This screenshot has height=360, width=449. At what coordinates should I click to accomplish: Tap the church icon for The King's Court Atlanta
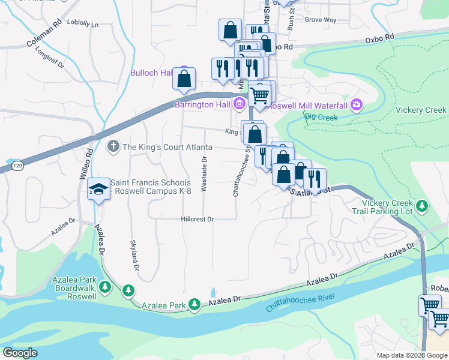point(113,146)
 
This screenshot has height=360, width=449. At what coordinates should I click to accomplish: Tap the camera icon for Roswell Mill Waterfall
point(357,105)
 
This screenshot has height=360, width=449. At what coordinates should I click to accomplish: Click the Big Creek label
point(319,116)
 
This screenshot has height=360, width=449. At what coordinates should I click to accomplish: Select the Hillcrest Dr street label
point(197,220)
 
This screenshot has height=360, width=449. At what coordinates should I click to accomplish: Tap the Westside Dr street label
point(204,175)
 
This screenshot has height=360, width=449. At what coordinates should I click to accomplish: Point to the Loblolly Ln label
point(83,25)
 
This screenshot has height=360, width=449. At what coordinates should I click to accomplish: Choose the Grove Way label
point(320,20)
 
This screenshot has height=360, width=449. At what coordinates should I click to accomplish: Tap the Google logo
point(20,352)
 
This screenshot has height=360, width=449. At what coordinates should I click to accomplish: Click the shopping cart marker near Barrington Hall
point(259,95)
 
